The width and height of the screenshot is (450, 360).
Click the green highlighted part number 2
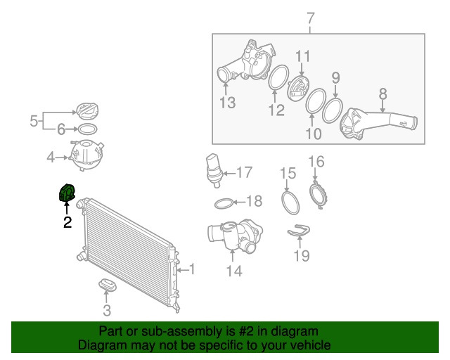67,193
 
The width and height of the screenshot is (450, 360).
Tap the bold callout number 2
67,222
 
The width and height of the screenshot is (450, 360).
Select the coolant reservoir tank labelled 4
86,155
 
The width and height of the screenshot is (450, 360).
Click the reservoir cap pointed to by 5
87,112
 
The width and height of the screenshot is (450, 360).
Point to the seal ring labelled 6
87,129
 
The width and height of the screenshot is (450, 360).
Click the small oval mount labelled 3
108,284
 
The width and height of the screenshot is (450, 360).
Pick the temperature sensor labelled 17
214,170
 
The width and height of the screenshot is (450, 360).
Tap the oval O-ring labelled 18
224,203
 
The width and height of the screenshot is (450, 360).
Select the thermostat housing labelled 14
236,235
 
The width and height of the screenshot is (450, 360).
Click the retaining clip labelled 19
299,231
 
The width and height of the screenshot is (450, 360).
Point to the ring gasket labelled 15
290,203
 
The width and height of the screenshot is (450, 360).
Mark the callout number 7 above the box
311,19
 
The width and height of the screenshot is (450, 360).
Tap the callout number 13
228,103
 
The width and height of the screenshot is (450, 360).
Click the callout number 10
314,134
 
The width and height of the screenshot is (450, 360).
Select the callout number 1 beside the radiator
192,269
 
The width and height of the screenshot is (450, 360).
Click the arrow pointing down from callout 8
382,106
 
